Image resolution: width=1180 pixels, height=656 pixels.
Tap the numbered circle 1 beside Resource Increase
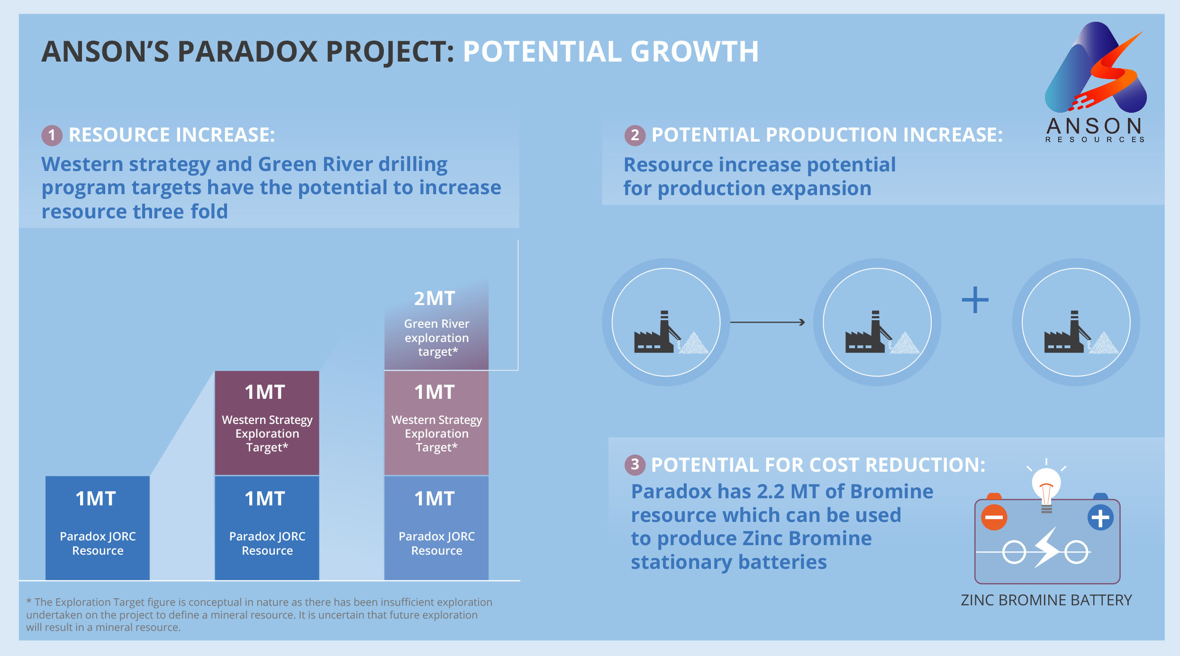(x=52, y=135)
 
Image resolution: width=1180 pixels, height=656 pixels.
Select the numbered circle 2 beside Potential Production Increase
(x=635, y=135)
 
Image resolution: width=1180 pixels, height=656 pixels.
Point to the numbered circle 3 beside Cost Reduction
(x=635, y=465)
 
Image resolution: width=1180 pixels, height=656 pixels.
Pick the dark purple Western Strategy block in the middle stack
(x=267, y=423)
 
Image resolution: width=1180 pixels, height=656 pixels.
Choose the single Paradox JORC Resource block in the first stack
(x=98, y=528)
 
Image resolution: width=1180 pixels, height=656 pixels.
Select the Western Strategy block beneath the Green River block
(x=436, y=423)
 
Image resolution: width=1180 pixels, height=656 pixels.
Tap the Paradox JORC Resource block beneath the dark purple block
(x=267, y=528)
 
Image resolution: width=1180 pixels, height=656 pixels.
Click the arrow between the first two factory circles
(x=768, y=322)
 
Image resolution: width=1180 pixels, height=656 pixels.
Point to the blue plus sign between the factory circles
(x=975, y=300)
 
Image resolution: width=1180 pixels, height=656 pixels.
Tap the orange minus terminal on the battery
(x=994, y=517)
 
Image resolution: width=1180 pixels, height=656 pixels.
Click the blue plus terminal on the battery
(x=1100, y=518)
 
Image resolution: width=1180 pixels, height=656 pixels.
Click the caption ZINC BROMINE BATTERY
(x=1046, y=600)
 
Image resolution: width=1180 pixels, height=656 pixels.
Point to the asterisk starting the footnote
(x=29, y=601)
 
